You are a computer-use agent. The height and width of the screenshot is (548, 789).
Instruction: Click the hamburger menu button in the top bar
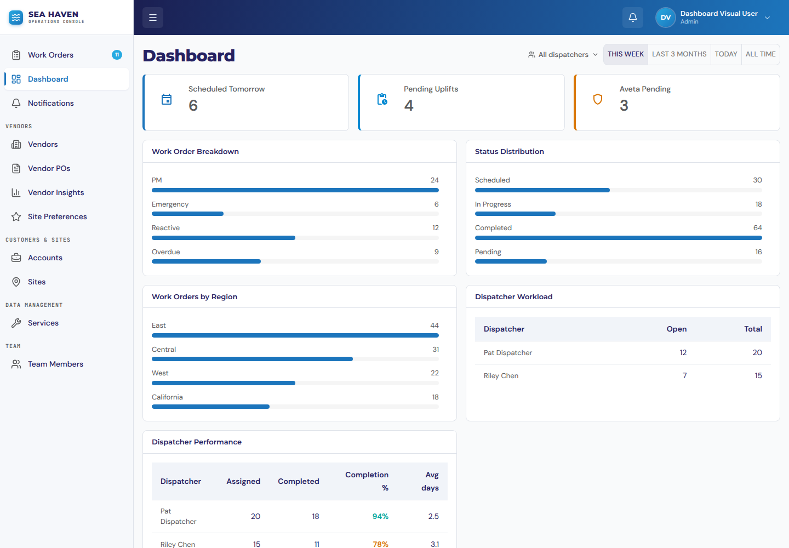152,17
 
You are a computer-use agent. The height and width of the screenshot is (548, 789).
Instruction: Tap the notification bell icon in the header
633,17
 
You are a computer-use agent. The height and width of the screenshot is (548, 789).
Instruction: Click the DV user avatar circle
665,17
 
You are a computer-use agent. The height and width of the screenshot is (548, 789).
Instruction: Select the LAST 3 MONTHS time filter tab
679,54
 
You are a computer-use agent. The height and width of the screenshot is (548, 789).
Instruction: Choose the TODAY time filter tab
726,54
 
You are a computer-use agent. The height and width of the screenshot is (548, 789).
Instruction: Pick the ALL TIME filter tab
761,54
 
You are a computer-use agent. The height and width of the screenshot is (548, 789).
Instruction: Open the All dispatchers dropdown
563,55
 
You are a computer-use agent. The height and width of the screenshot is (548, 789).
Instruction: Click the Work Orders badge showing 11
117,55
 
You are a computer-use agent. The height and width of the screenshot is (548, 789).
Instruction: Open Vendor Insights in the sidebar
56,192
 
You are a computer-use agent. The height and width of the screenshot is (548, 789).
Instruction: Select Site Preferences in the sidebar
57,216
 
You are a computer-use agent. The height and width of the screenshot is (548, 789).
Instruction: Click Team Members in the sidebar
55,364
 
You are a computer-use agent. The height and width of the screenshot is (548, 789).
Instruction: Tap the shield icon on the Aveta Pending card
598,99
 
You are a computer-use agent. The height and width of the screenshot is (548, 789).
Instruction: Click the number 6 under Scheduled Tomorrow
193,105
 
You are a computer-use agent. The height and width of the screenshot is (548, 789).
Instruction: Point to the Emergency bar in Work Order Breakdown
187,214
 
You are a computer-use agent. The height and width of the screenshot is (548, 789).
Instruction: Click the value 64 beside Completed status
757,228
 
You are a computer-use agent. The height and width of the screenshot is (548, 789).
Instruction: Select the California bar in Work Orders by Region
210,407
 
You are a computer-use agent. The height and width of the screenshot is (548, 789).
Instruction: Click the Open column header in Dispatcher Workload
676,329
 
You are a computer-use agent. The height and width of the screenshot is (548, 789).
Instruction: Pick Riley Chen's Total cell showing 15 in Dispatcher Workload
758,376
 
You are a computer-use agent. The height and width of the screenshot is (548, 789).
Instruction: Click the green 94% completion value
380,516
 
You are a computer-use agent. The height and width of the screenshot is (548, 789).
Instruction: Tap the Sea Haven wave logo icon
16,17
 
